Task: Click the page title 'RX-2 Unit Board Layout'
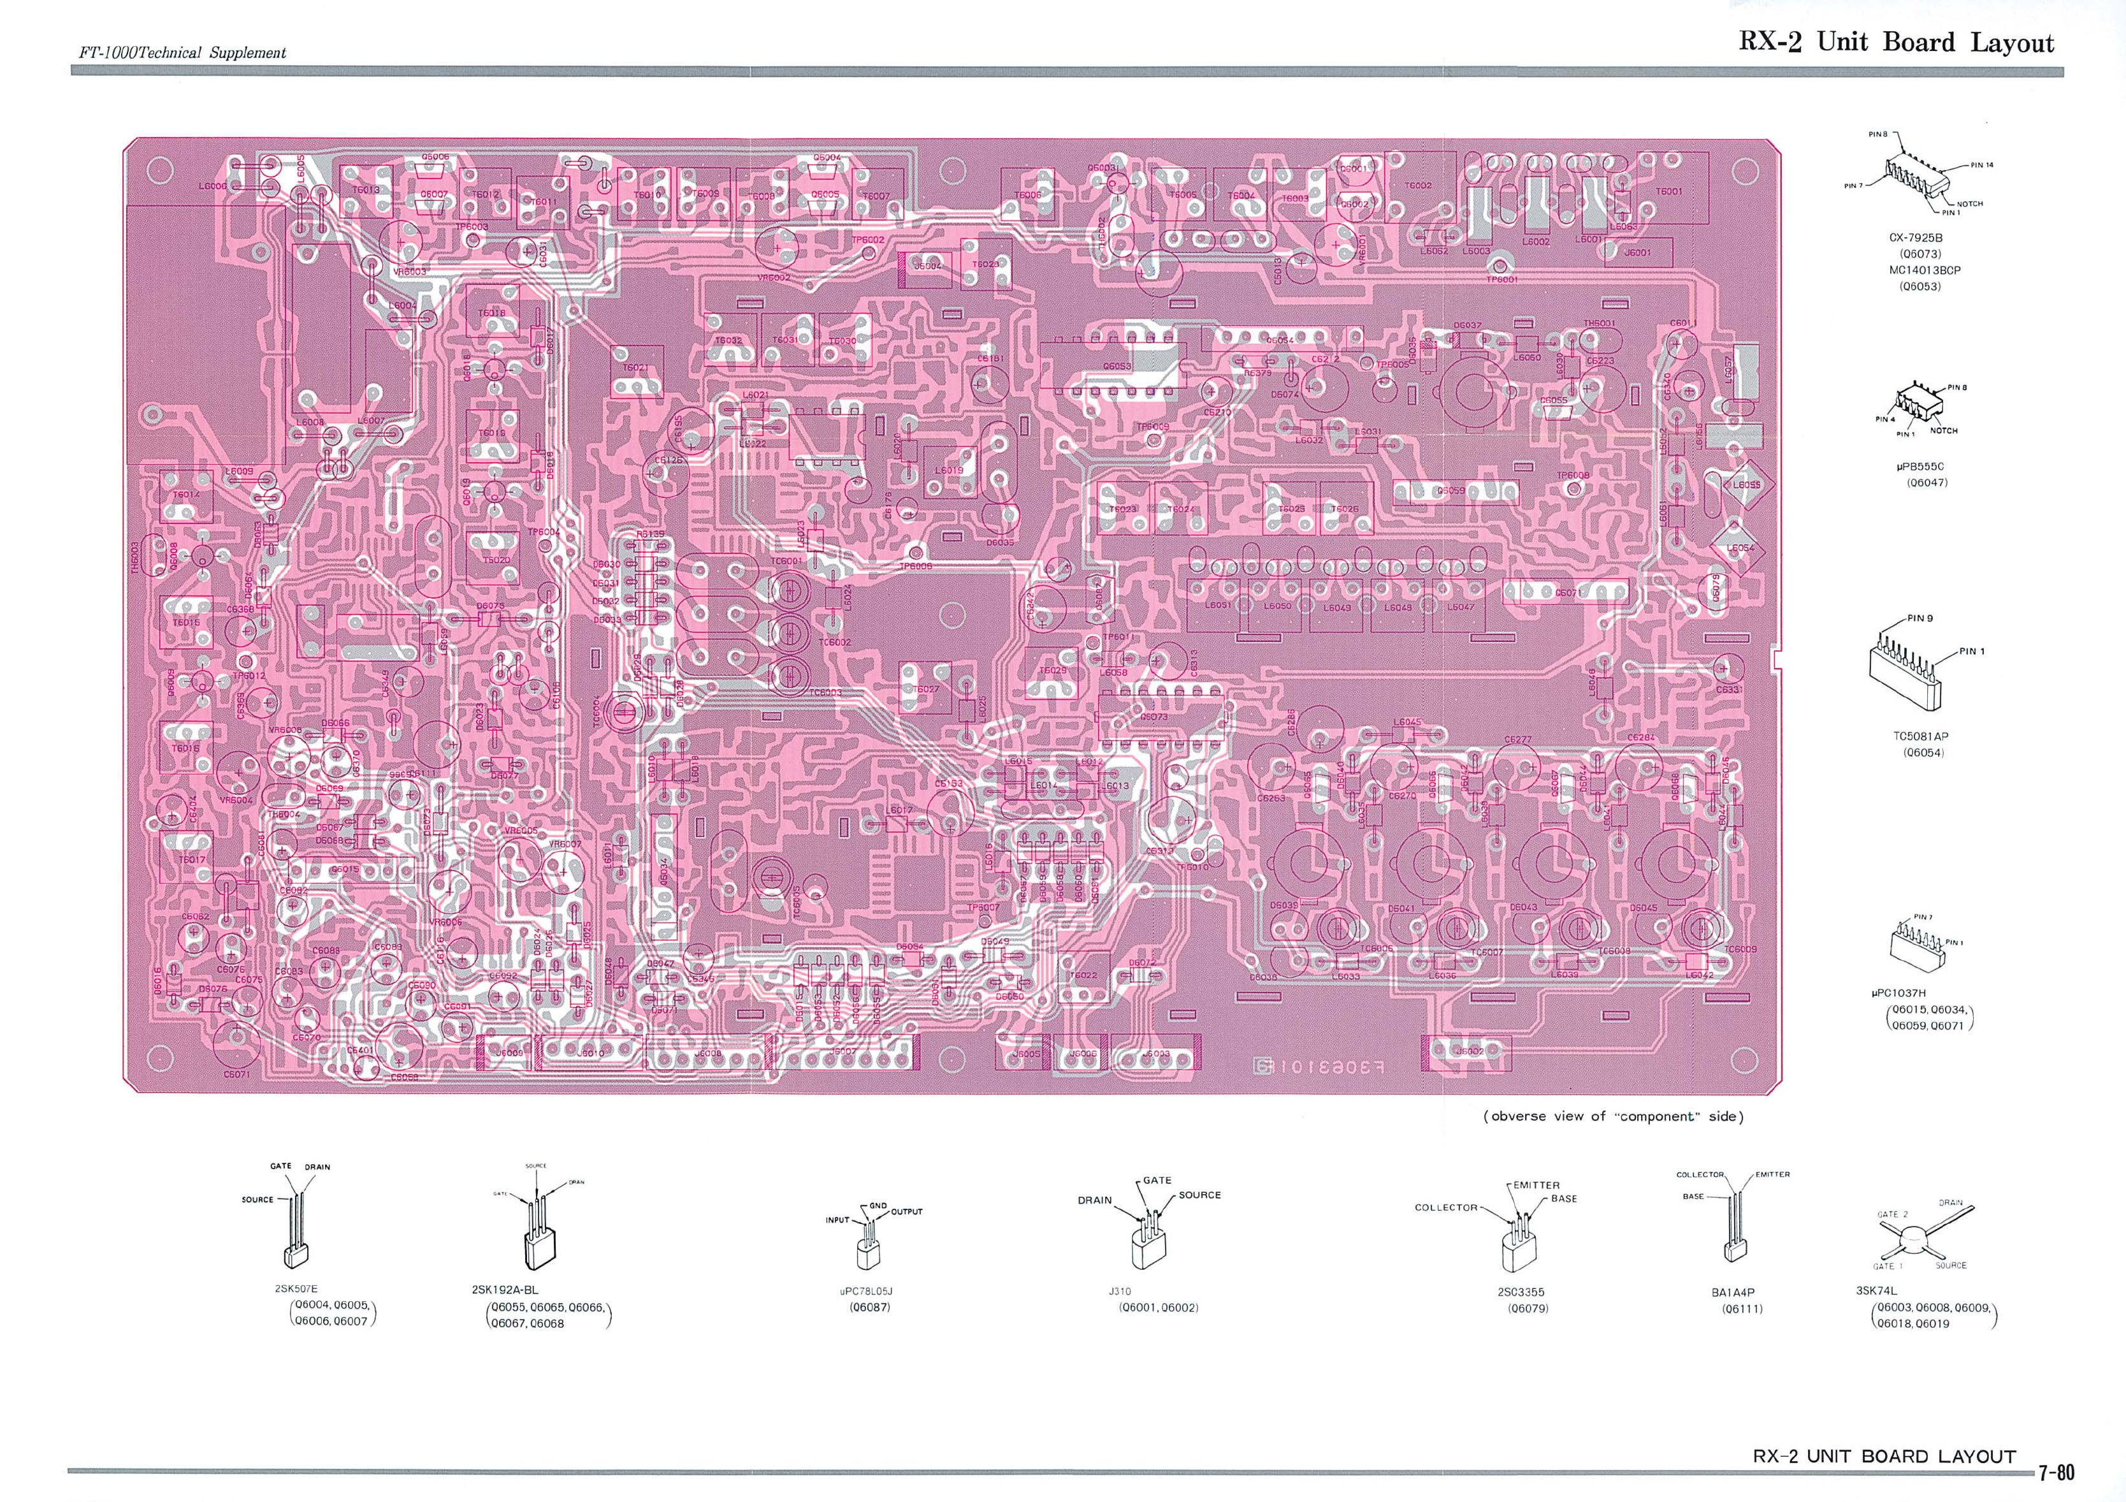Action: pyautogui.click(x=1895, y=43)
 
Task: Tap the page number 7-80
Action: pyautogui.click(x=2056, y=1473)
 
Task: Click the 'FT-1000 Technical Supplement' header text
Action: pyautogui.click(x=182, y=53)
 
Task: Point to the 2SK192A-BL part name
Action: pyautogui.click(x=505, y=1289)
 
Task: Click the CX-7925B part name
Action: pyautogui.click(x=1915, y=238)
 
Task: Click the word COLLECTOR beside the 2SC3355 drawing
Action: pyautogui.click(x=1445, y=1207)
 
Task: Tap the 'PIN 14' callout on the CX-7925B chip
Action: pyautogui.click(x=1981, y=165)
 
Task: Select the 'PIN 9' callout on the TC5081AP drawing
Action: pyautogui.click(x=1920, y=618)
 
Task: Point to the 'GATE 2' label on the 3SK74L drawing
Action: pyautogui.click(x=1891, y=1214)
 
